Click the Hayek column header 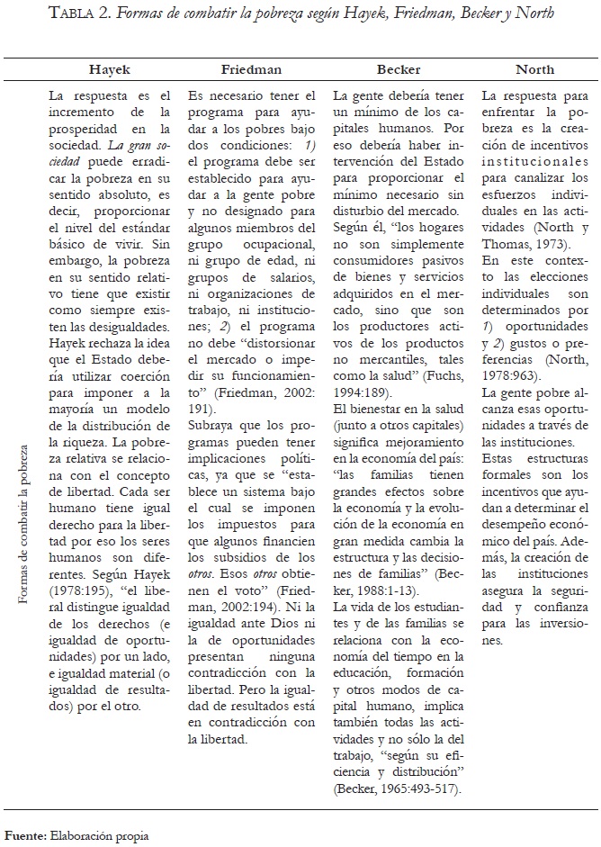click(x=109, y=69)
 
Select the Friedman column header click(x=253, y=69)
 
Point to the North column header click(x=534, y=69)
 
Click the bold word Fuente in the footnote click(x=25, y=836)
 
